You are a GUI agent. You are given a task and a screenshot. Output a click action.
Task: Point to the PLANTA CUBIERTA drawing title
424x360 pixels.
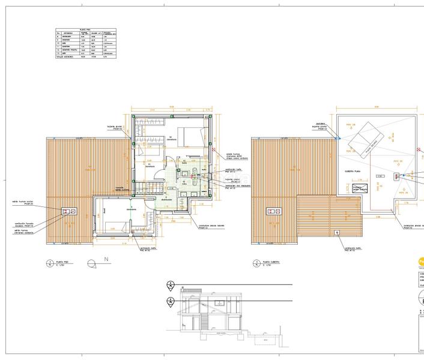point(273,262)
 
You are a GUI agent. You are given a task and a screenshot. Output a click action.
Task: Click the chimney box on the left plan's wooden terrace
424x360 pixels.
point(68,211)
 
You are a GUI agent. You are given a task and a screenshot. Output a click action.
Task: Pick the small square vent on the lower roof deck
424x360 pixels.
point(337,232)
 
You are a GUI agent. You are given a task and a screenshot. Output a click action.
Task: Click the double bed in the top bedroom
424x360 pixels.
point(193,136)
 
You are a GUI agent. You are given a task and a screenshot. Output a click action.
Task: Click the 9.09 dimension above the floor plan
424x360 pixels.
point(171,107)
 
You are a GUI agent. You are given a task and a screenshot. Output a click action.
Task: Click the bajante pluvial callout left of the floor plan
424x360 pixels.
point(116,127)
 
